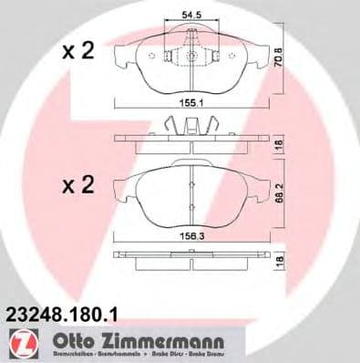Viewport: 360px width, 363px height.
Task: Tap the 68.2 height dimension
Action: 282,197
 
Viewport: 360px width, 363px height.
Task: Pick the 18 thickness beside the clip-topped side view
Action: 282,144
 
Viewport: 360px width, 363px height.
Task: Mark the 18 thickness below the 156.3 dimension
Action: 282,261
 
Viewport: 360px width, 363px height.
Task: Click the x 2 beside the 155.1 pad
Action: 78,52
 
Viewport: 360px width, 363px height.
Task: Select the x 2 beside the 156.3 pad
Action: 78,187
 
